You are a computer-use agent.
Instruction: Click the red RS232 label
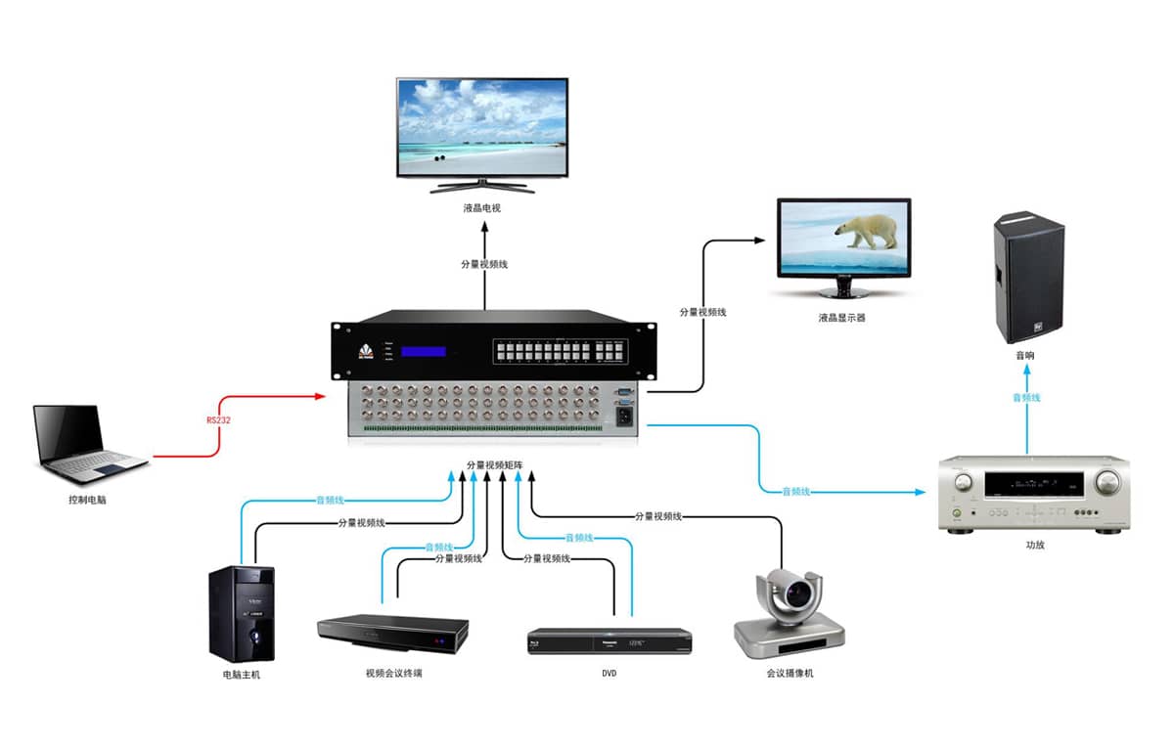[x=219, y=419]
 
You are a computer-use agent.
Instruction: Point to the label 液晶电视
[x=482, y=207]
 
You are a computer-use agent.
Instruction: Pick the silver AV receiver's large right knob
[x=1106, y=481]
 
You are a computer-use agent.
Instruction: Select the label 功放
[x=1035, y=545]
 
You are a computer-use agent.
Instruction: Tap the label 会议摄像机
[x=790, y=674]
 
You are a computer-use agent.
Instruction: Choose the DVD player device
[x=610, y=641]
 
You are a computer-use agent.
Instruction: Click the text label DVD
[x=610, y=674]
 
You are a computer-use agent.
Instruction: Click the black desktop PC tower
[x=242, y=613]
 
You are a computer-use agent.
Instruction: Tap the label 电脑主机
[x=242, y=675]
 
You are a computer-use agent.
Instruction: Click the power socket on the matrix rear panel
[x=622, y=417]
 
